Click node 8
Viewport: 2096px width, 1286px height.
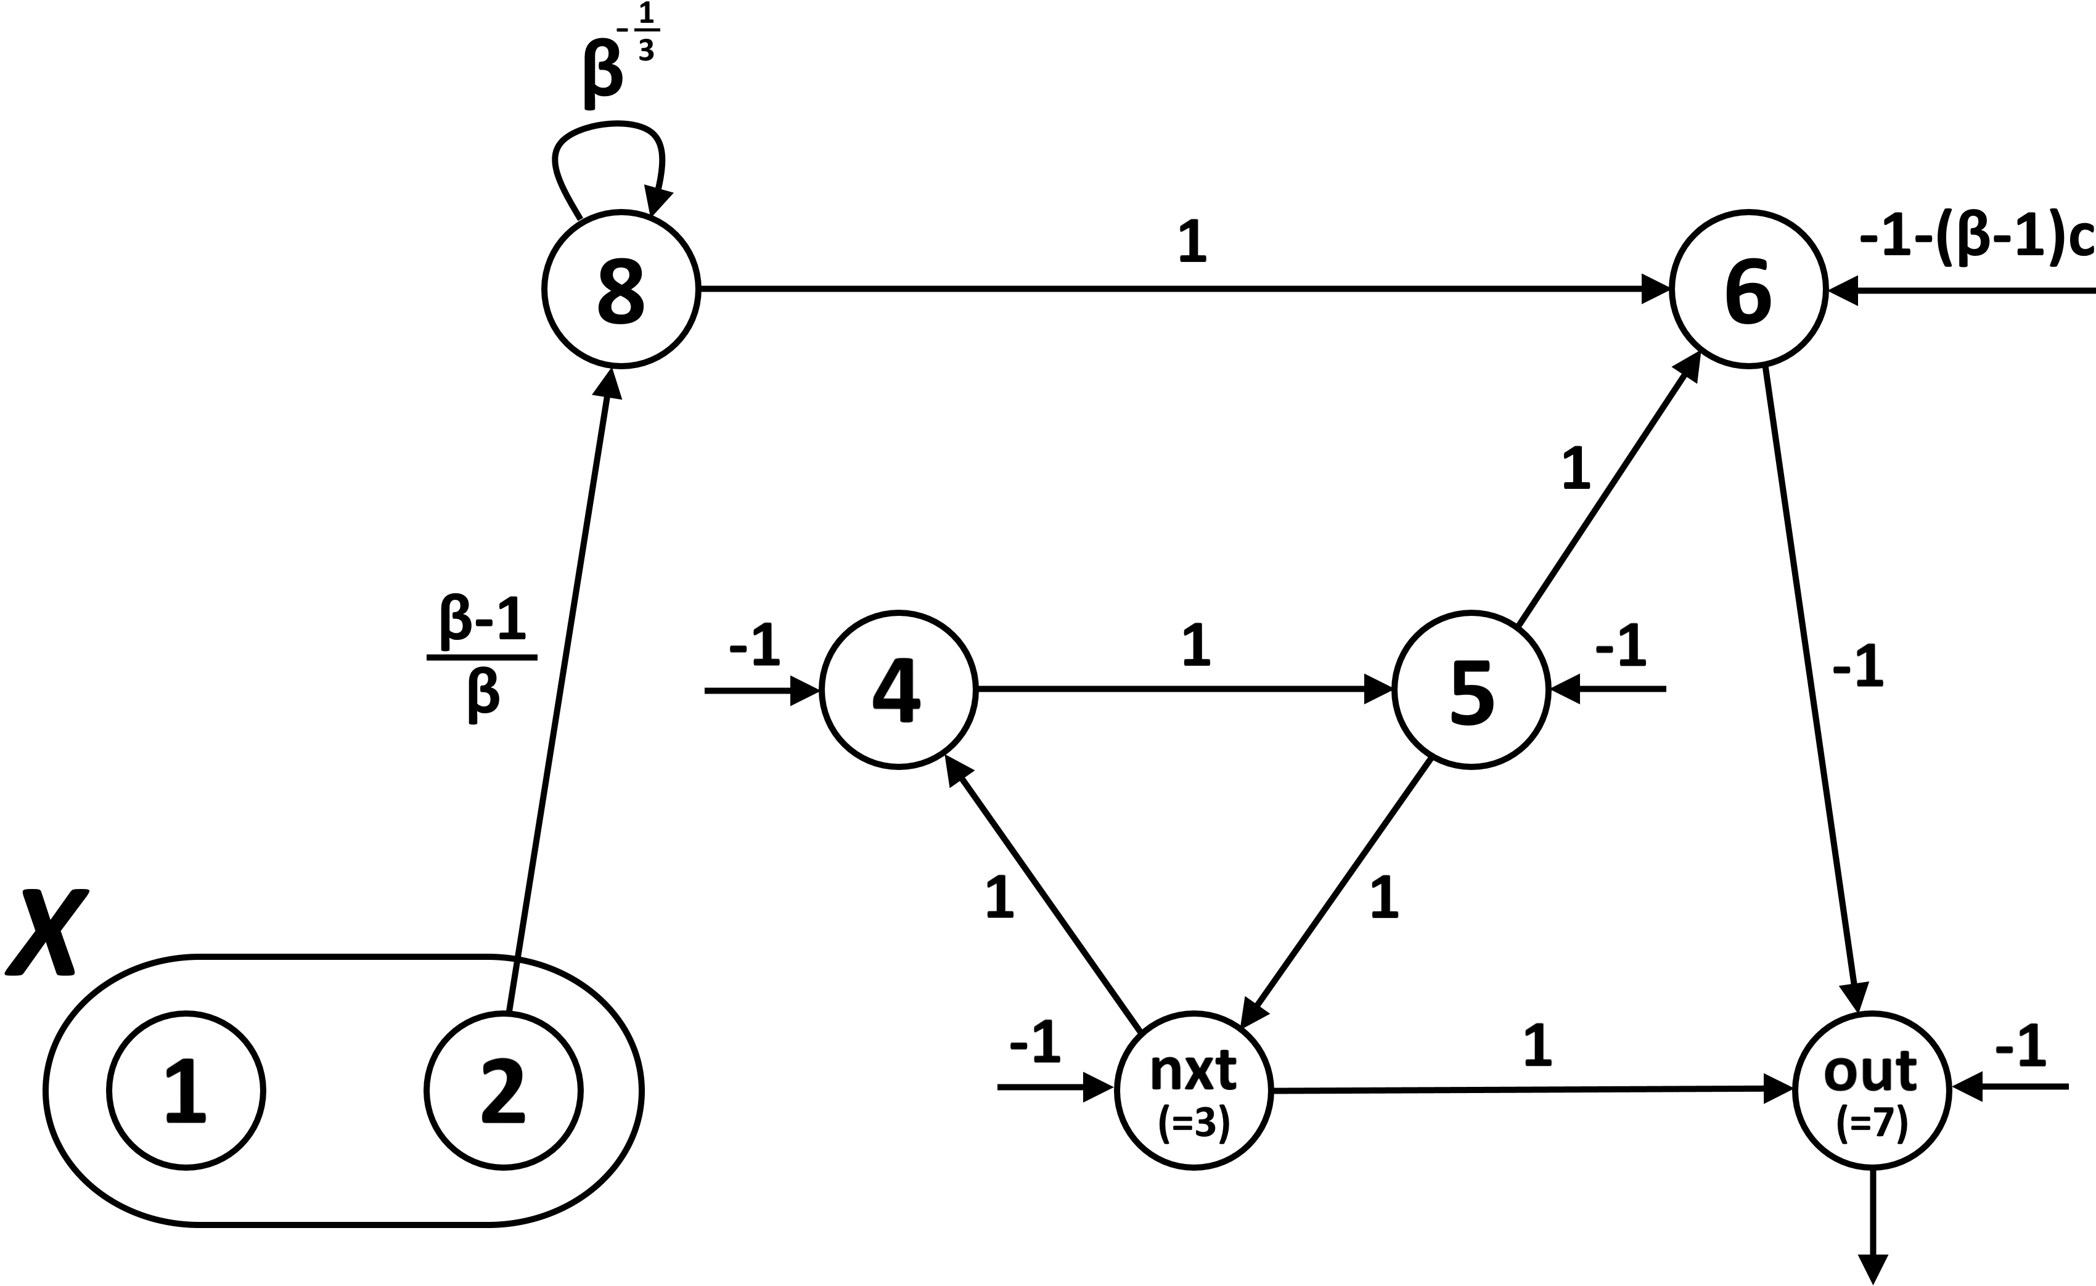tap(621, 289)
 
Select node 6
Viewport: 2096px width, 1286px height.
tap(1748, 289)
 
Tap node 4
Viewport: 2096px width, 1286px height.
tap(898, 690)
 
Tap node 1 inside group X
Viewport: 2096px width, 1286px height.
tap(186, 1091)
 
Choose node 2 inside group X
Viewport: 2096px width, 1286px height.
tap(504, 1091)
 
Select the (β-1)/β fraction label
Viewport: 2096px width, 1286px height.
tap(482, 657)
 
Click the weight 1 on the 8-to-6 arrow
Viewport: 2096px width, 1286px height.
tap(1193, 242)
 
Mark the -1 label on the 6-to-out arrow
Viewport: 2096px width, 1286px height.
tap(1859, 668)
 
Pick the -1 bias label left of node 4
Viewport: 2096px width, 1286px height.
tap(754, 647)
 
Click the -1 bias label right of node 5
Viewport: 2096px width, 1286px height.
tap(1621, 647)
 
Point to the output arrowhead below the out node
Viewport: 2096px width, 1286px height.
tap(1872, 1268)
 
